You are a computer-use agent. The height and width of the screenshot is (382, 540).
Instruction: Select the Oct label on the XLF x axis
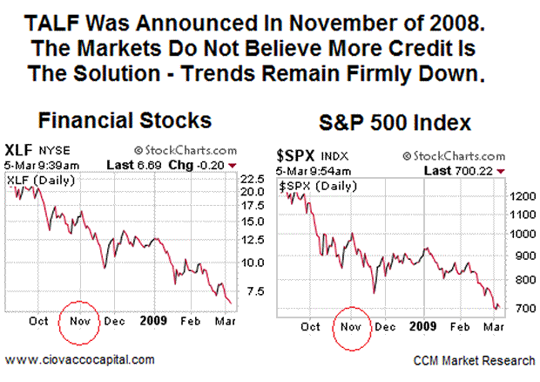[x=37, y=320]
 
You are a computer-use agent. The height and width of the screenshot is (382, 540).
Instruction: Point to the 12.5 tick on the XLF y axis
[x=252, y=239]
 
